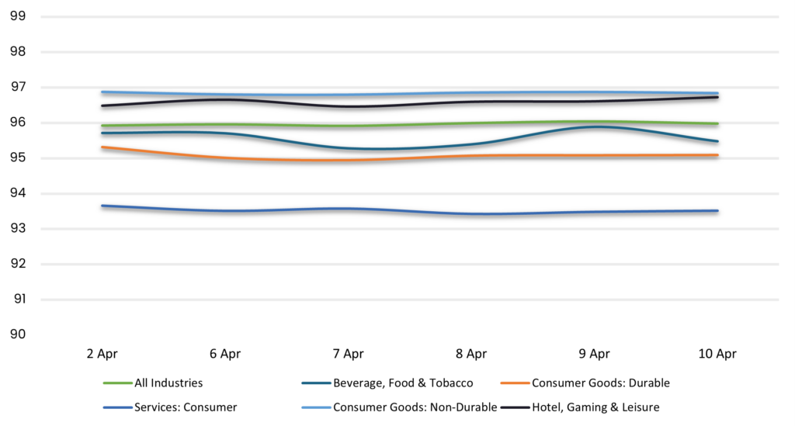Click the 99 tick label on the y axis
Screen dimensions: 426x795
coord(16,16)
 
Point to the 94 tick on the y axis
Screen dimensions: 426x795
coord(16,193)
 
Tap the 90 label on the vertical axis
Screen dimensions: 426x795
coord(16,334)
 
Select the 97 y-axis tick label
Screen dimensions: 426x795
coord(16,87)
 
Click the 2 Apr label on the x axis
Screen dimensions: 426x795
coord(102,354)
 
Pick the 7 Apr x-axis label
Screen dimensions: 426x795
coord(348,354)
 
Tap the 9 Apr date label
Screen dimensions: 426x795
coord(594,354)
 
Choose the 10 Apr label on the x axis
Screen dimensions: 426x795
coord(717,354)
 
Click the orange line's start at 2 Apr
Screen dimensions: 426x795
coord(102,147)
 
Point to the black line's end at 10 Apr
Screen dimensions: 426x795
coord(717,97)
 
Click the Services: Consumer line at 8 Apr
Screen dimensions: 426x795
coord(471,213)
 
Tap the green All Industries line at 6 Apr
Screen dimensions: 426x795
coord(225,124)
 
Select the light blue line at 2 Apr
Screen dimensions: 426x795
coord(102,92)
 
